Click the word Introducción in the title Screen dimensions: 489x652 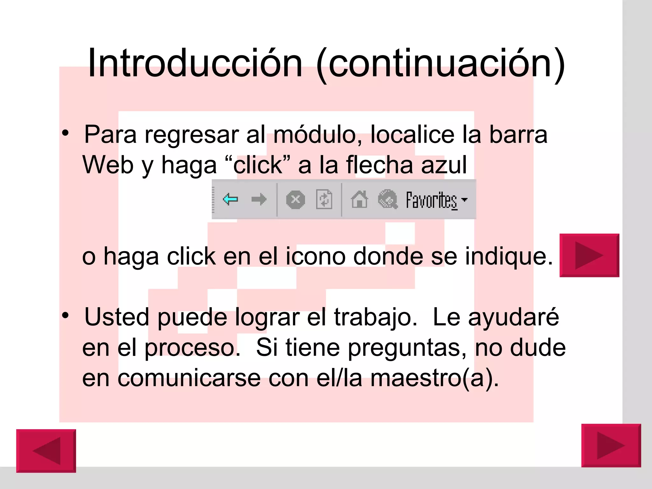[x=195, y=63]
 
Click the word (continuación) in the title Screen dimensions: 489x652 [x=441, y=64]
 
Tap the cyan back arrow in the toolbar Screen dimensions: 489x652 [x=230, y=199]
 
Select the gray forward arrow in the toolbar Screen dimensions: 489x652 [x=259, y=200]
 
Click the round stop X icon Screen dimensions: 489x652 [x=295, y=200]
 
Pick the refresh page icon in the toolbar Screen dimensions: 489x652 [x=324, y=200]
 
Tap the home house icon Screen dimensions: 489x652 [x=359, y=200]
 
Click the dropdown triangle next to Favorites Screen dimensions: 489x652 [x=464, y=200]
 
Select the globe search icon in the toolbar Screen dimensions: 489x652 [x=387, y=200]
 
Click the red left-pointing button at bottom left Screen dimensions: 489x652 [x=46, y=450]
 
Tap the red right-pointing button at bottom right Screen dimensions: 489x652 [x=611, y=445]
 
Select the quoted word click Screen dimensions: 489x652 [x=258, y=165]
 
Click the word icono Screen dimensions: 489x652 [x=315, y=256]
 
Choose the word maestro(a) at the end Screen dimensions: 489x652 [x=434, y=379]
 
